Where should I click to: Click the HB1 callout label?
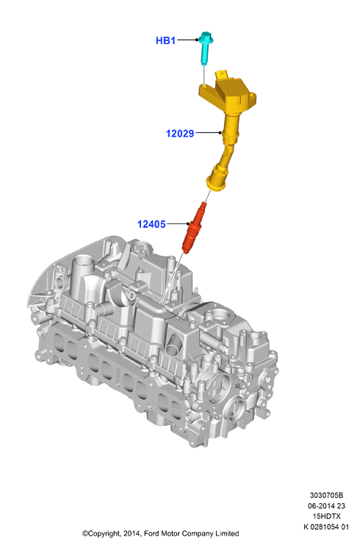165,40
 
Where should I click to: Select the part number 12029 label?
180,134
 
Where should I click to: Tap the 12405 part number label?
151,224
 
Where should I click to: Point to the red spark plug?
195,228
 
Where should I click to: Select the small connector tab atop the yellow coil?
222,74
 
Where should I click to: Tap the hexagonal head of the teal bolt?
206,37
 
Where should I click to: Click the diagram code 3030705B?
326,495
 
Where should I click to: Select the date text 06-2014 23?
326,505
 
